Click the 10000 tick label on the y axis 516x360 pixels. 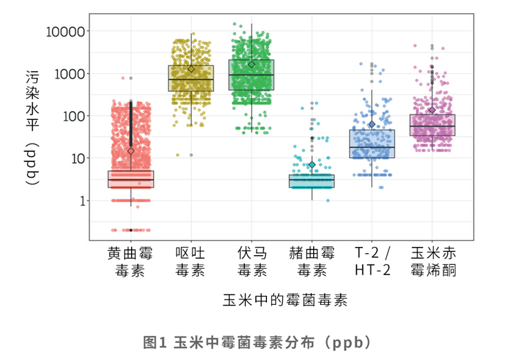coord(65,31)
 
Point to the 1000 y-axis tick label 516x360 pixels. coord(68,74)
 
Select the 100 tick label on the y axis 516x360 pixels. coord(72,116)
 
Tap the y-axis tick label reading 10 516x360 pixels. coord(75,159)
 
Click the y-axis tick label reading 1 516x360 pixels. coord(79,201)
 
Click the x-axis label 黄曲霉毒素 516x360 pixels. coord(130,261)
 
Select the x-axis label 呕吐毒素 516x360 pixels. coord(190,261)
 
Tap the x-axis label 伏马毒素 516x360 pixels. coord(251,261)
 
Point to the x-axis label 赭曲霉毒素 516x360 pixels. coord(312,261)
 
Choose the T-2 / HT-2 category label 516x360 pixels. coord(372,261)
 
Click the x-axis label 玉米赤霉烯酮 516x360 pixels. coord(433,261)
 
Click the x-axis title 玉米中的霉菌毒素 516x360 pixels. coord(284,301)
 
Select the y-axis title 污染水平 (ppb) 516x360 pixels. coord(32,128)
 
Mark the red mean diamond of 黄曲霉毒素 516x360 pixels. coord(130,150)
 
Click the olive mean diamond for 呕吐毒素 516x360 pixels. coord(191,69)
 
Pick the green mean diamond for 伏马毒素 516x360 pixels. coord(252,64)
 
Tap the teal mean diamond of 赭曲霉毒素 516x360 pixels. coord(312,165)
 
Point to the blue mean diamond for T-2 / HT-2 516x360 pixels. coord(372,125)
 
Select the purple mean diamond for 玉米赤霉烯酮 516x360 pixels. coord(433,110)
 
